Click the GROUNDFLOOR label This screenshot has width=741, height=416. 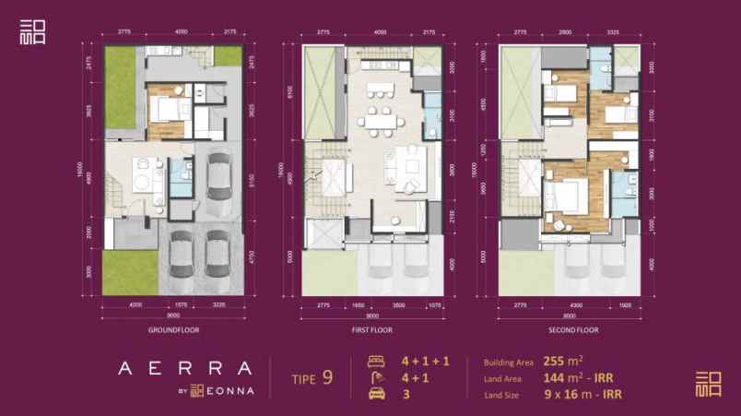[x=173, y=329]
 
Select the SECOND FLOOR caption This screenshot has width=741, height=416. [x=574, y=329]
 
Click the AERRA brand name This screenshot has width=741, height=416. [x=185, y=366]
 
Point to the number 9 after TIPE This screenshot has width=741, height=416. [x=328, y=375]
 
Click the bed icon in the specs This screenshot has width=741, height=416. [x=374, y=361]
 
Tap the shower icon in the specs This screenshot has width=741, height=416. [x=374, y=376]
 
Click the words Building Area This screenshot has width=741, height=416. [x=505, y=362]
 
